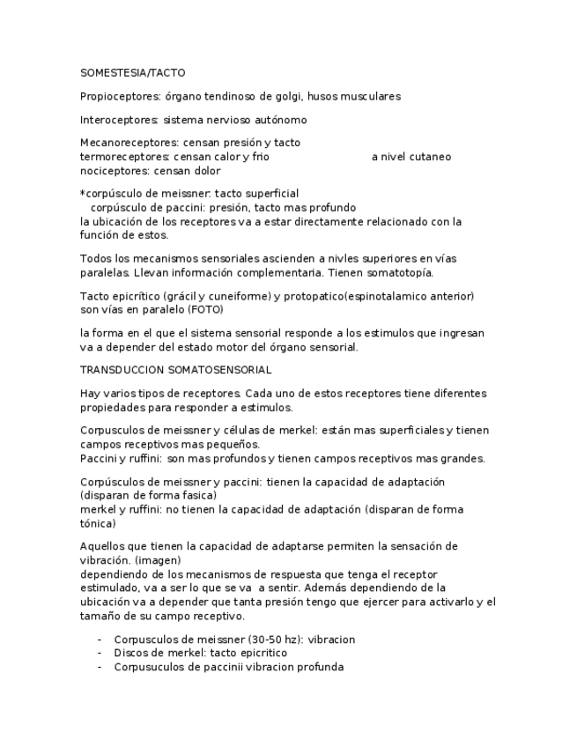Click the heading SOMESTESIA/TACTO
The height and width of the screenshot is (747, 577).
(x=132, y=73)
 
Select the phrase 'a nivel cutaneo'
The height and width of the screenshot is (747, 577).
(x=411, y=157)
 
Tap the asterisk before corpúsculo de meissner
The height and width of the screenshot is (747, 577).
(x=83, y=193)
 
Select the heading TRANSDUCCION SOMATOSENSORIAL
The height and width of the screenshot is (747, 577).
(x=175, y=370)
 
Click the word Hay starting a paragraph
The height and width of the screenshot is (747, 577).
(x=90, y=394)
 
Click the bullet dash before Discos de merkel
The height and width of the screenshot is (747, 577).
(x=100, y=654)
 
